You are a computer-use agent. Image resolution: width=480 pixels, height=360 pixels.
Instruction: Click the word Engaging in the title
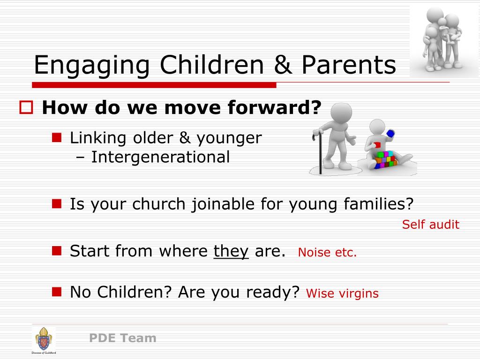(92, 66)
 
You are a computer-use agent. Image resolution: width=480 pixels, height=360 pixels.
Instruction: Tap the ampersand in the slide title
(283, 64)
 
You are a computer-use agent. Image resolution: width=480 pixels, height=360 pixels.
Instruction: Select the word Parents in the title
(349, 65)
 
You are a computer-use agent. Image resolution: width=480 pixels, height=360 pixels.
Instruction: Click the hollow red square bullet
(26, 107)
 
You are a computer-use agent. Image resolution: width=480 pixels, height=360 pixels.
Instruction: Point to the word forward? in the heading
(275, 107)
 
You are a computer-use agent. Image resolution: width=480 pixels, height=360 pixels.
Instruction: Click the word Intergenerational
(160, 157)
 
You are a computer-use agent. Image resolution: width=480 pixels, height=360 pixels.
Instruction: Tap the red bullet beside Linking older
(57, 137)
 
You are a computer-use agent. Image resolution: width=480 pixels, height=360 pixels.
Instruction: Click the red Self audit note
(431, 225)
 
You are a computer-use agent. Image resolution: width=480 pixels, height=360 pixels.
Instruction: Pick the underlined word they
(231, 252)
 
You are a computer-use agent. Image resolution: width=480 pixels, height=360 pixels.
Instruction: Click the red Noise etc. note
(327, 252)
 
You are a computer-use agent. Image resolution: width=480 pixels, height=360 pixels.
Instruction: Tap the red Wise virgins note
(342, 293)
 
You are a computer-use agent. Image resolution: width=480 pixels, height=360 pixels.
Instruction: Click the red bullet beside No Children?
(57, 292)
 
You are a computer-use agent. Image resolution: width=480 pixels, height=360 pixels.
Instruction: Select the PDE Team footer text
(123, 338)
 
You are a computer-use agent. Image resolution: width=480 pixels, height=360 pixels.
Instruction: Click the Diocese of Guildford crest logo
(44, 340)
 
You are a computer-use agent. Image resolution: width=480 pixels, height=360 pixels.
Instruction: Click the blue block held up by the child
(390, 134)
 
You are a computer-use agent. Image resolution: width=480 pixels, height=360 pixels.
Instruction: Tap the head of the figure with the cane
(341, 113)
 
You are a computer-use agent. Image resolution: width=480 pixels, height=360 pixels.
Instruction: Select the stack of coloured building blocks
(386, 159)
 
